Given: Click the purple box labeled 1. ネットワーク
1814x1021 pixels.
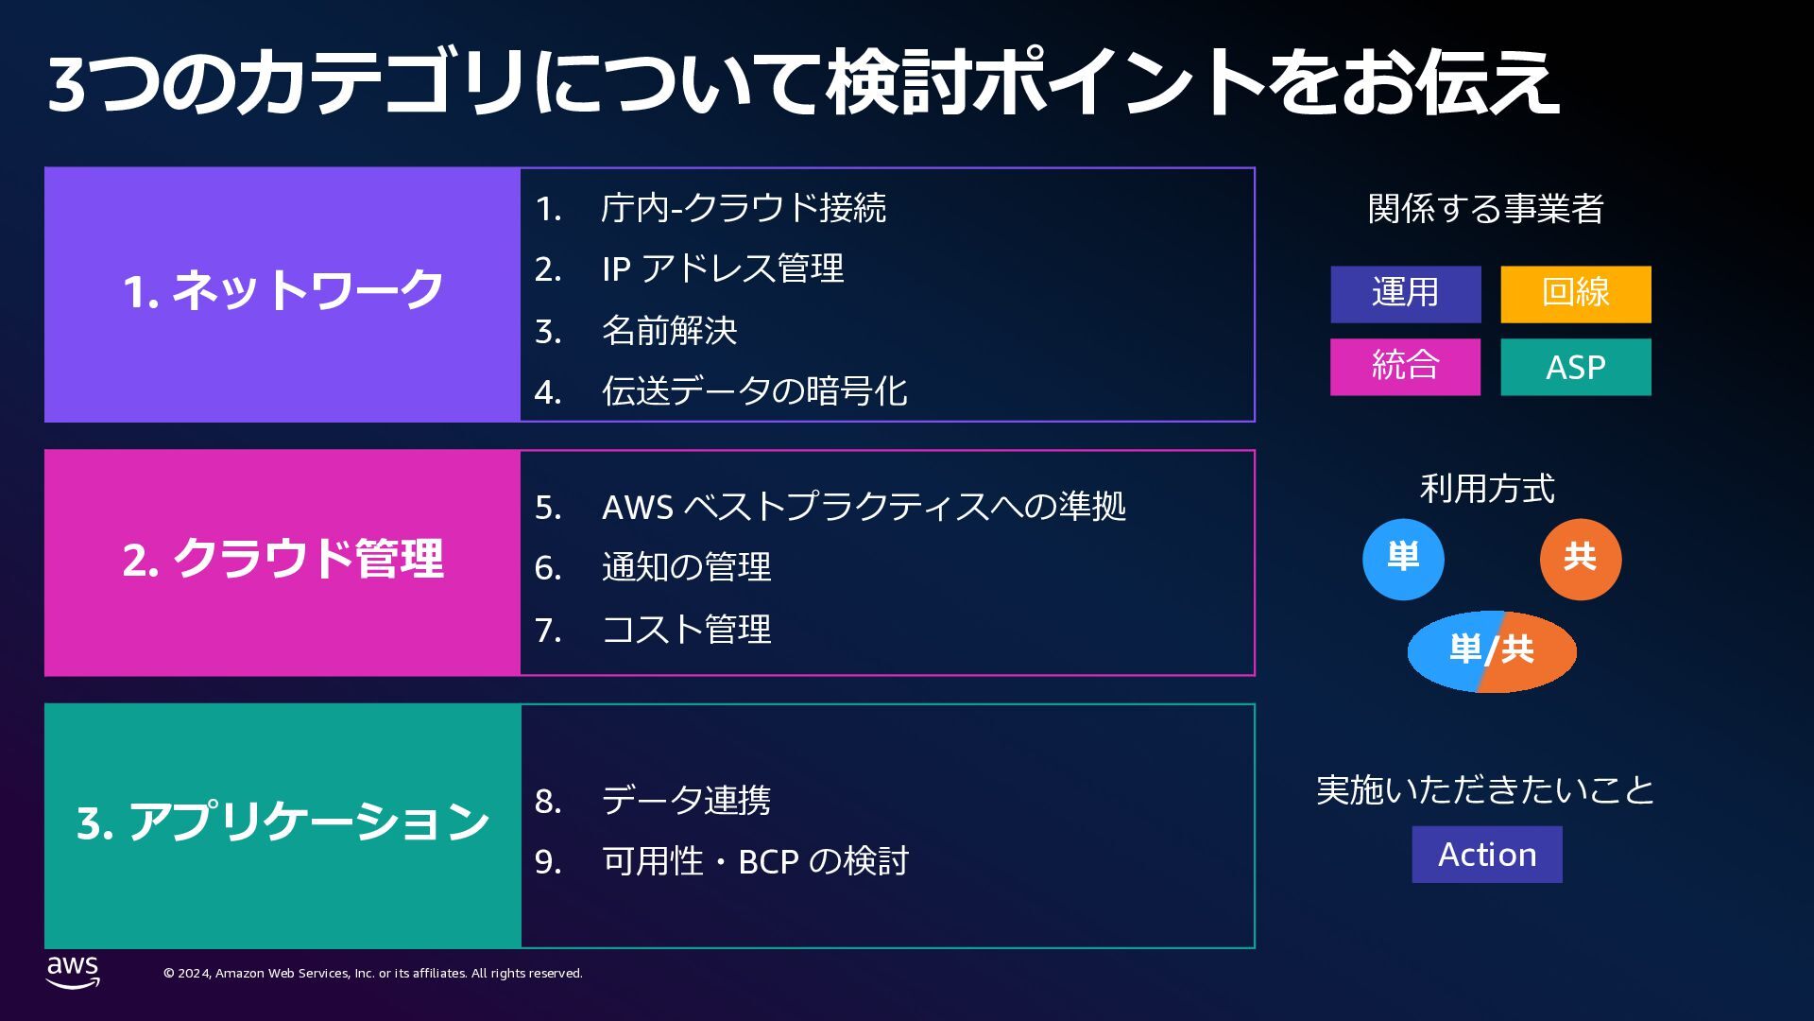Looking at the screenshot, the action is pos(282,294).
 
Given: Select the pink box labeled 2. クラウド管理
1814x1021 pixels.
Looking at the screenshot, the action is pos(282,562).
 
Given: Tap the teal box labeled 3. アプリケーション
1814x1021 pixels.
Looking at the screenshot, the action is pos(282,825).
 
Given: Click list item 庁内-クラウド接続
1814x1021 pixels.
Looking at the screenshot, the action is pos(743,208).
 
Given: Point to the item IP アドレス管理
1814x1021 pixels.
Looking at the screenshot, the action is pos(722,269).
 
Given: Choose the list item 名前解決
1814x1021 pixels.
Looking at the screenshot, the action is pos(669,331).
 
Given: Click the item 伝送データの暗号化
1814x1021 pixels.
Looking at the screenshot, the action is pos(754,391).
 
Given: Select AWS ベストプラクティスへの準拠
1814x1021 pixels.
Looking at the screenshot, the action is pos(863,507).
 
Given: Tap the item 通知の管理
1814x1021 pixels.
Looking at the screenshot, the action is pos(686,568).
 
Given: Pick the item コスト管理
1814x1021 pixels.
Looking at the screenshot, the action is pos(686,630).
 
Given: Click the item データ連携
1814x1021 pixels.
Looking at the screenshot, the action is pos(686,801).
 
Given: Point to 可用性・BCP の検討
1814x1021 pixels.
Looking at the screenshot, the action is pos(754,861).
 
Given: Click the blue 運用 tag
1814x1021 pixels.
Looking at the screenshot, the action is pos(1405,294).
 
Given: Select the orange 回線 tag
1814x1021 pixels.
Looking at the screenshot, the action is pos(1575,294).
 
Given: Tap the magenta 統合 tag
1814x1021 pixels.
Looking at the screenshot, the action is pos(1405,367).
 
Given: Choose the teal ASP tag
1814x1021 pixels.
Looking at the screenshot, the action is pos(1575,367).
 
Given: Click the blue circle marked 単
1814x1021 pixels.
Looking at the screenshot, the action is pos(1403,559).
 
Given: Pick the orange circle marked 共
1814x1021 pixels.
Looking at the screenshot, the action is pos(1580,559).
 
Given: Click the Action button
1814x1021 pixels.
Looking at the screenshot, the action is pos(1486,855).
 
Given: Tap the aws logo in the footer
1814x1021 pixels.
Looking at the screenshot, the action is pos(73,971).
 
